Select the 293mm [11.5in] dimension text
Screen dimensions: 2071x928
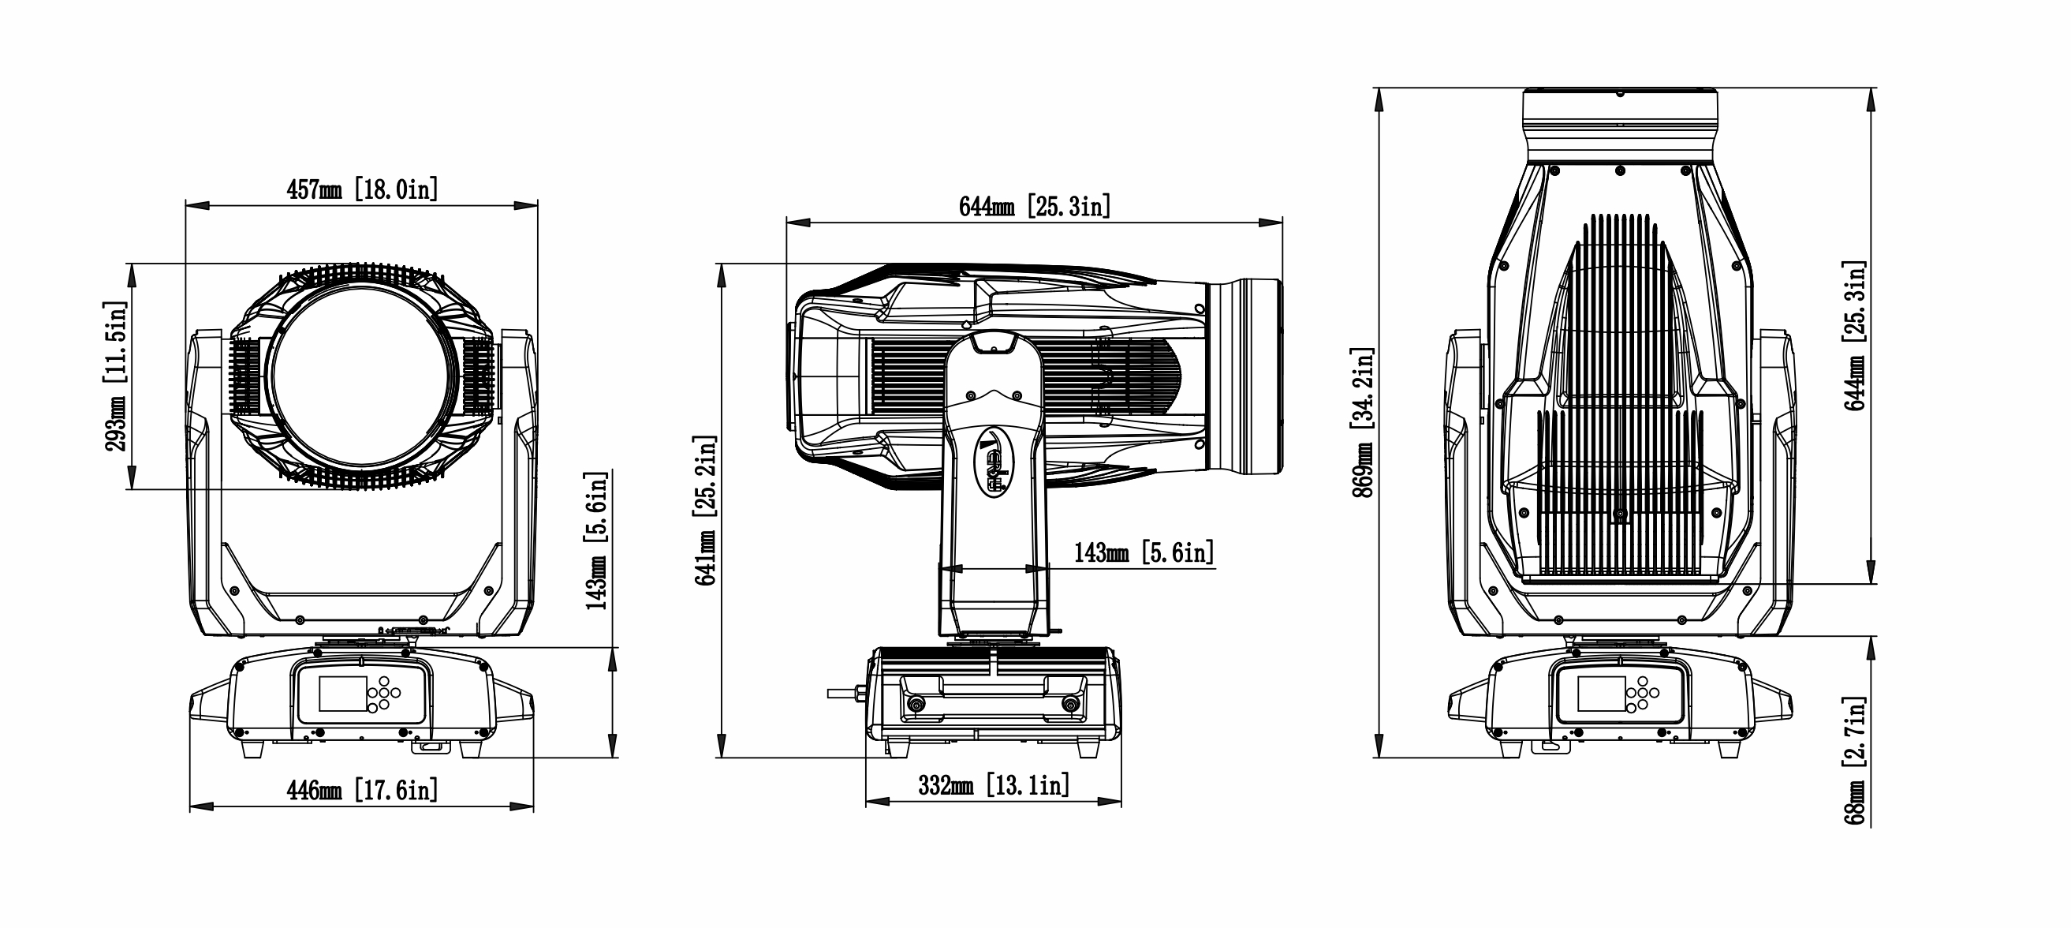click(x=117, y=376)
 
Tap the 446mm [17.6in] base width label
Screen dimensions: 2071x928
click(x=363, y=791)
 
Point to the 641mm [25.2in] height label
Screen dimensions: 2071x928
click(x=705, y=511)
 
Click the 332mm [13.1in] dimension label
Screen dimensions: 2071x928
click(x=994, y=785)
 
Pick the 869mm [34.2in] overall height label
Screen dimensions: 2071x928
click(x=1363, y=423)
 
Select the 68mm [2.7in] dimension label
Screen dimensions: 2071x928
click(x=1855, y=761)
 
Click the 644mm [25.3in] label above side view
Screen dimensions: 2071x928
click(x=1035, y=207)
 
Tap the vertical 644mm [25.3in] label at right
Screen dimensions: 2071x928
click(x=1855, y=335)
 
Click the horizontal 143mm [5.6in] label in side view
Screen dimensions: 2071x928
click(x=1144, y=552)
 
